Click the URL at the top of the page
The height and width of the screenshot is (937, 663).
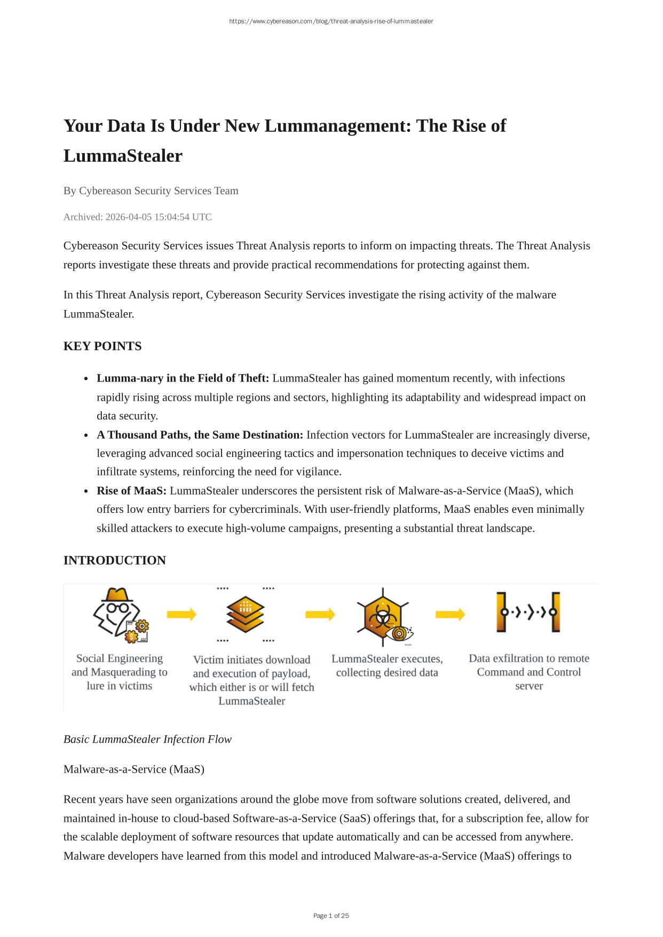click(x=331, y=21)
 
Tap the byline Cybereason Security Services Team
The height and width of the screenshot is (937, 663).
click(x=159, y=191)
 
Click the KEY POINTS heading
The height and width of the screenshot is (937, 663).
click(x=102, y=346)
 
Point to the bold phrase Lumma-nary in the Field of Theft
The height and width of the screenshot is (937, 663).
click(x=183, y=378)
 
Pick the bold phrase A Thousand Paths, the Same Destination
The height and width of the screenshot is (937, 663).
click(x=200, y=435)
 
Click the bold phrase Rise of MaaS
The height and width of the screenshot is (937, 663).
click(x=131, y=491)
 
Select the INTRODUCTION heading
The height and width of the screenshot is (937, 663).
click(x=115, y=560)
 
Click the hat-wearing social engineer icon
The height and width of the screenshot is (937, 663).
click(x=120, y=614)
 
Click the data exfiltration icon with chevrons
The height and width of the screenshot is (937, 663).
click(x=528, y=612)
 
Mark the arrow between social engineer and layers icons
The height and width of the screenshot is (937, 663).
click(x=181, y=615)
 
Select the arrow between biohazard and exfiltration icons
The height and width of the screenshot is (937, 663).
click(x=450, y=615)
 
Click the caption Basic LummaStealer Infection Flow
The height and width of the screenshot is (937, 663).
click(x=147, y=740)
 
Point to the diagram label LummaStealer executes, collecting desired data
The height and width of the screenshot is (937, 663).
click(x=387, y=665)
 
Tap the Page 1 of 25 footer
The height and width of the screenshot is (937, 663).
click(x=331, y=916)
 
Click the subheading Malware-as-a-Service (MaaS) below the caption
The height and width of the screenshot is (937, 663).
click(x=134, y=769)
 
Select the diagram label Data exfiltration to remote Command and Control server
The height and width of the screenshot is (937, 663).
click(x=528, y=672)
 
